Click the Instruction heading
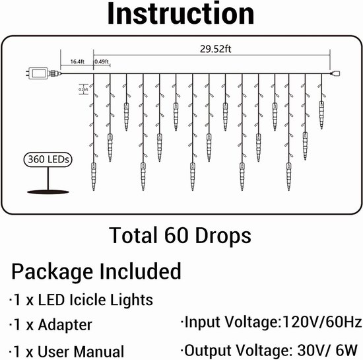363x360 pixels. tap(181, 13)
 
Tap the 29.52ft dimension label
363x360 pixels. tap(216, 49)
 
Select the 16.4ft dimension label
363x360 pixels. tap(77, 61)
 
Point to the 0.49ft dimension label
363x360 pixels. tap(102, 61)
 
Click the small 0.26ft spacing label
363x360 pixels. tap(83, 89)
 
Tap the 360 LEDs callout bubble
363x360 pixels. tap(48, 159)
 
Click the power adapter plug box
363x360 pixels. tap(38, 73)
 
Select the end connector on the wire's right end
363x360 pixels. tap(336, 74)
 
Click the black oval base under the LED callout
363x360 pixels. tap(48, 192)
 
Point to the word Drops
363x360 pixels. tap(223, 236)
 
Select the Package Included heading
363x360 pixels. tap(96, 271)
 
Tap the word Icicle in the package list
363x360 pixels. tap(88, 300)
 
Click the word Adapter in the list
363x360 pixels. tap(65, 325)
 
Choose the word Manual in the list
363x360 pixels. tap(100, 351)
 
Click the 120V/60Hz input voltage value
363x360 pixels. tap(322, 322)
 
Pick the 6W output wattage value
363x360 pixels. tap(346, 350)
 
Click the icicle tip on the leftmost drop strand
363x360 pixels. tap(94, 190)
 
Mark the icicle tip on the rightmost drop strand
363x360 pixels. tap(321, 128)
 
